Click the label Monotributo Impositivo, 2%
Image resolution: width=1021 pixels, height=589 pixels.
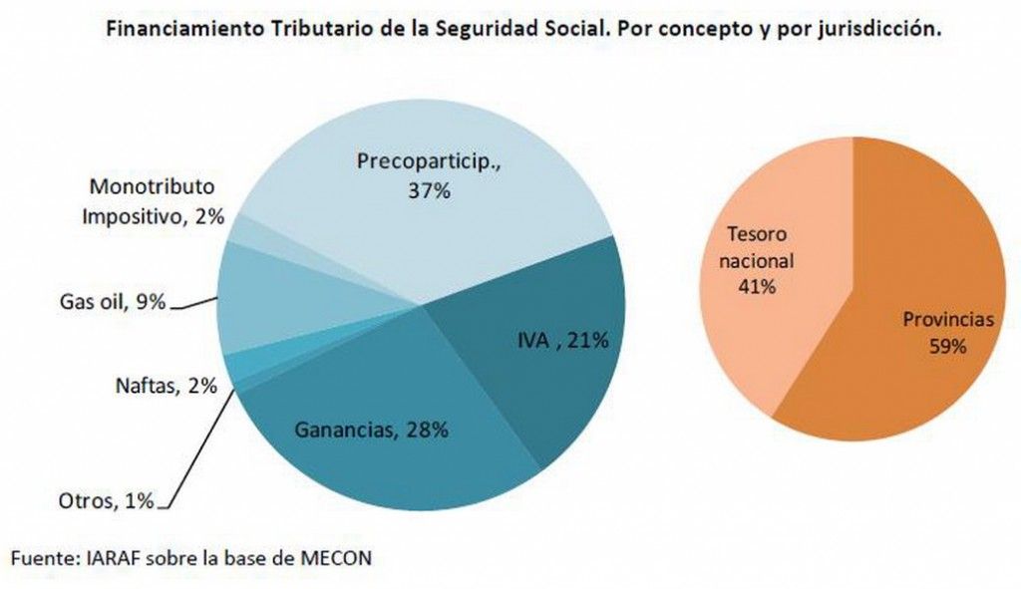[153, 200]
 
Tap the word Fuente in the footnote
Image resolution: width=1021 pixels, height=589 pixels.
[42, 558]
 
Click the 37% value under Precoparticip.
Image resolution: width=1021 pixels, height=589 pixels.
[430, 189]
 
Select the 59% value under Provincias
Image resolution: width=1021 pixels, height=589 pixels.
[948, 346]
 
